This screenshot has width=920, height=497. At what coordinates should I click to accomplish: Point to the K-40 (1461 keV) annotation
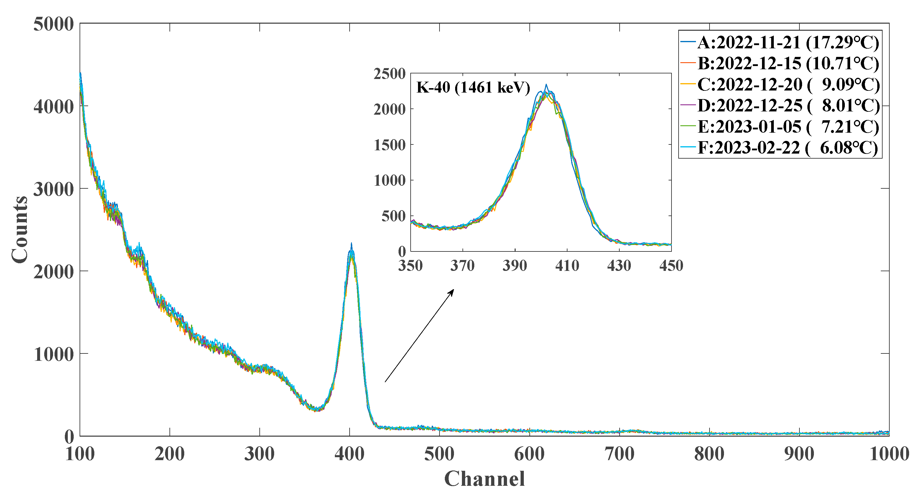[473, 88]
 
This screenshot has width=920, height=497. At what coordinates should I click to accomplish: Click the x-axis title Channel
[484, 479]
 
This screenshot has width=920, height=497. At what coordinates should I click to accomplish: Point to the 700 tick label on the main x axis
[619, 455]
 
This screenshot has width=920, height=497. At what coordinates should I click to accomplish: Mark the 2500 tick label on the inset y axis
[390, 74]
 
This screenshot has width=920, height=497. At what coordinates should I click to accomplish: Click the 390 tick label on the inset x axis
[515, 266]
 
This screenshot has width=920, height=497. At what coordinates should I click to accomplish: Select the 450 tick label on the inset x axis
[671, 266]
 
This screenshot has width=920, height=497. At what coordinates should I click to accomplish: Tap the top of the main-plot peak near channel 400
[351, 244]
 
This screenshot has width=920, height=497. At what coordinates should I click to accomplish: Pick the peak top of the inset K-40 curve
[546, 85]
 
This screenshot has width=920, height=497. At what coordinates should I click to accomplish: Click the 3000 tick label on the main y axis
[54, 189]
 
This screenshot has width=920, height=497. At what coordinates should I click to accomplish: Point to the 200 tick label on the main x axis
[169, 455]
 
